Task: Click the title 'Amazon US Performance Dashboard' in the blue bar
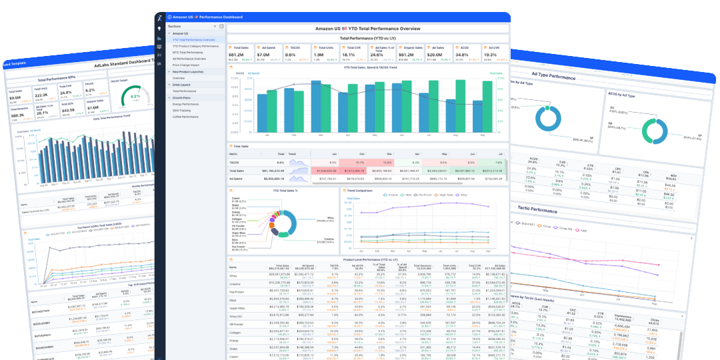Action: [207, 17]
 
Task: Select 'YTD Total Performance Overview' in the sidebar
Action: [193, 39]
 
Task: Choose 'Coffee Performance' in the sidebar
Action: [186, 117]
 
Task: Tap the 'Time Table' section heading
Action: [241, 145]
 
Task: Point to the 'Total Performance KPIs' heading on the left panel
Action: [57, 79]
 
